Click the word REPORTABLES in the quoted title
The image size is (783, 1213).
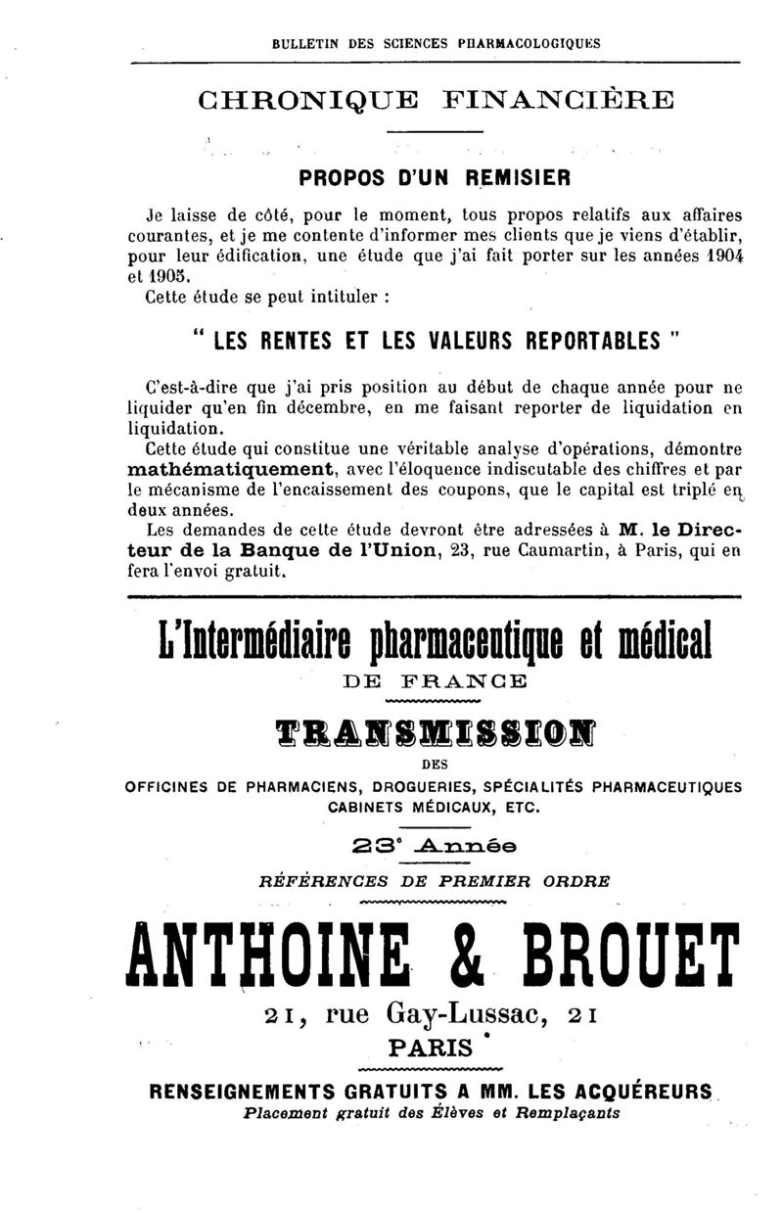click(579, 343)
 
